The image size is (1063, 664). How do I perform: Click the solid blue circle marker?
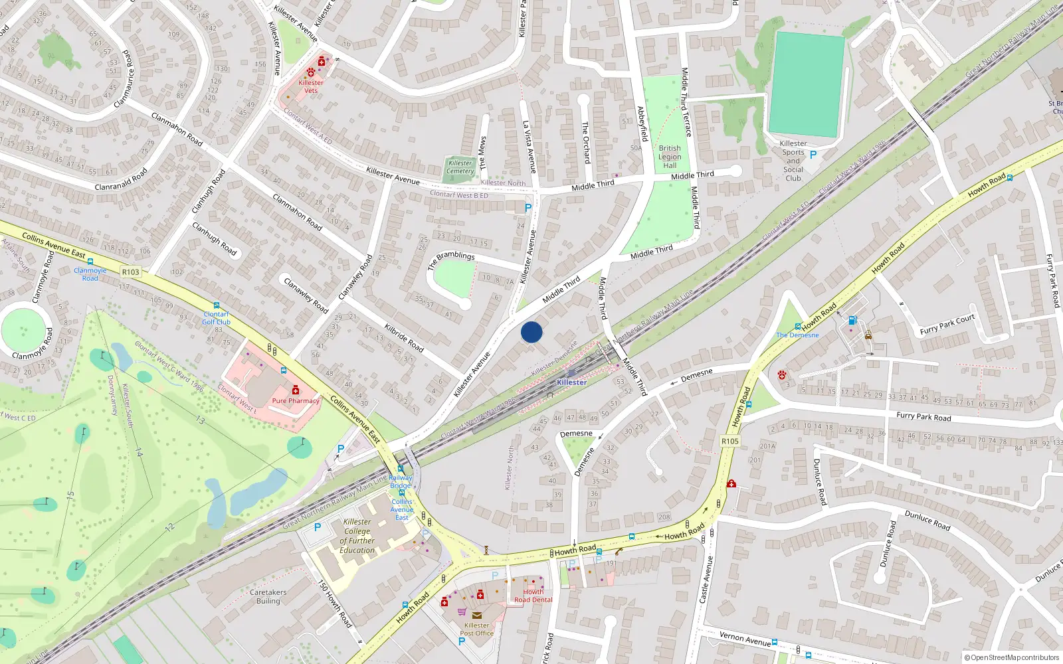[x=531, y=332]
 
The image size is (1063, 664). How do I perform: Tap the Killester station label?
[x=571, y=382]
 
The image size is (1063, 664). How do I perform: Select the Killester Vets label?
[x=311, y=86]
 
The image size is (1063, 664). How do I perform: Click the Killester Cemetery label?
[x=460, y=167]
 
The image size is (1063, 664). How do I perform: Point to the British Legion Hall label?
[x=670, y=157]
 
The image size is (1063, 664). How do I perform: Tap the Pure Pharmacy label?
[x=296, y=401]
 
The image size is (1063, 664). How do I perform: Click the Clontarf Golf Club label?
[x=216, y=318]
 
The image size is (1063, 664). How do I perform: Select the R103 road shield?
[x=131, y=272]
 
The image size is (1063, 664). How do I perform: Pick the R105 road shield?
[x=729, y=441]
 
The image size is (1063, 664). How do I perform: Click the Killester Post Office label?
[x=476, y=629]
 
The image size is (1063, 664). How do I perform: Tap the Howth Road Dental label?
[x=533, y=596]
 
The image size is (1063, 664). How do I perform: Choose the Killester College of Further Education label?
[x=357, y=536]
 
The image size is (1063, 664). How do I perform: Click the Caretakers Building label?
[x=268, y=596]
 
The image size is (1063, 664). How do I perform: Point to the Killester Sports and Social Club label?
[x=793, y=161]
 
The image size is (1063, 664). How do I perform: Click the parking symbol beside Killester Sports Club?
[x=813, y=155]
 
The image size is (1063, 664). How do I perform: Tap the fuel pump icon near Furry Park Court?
[x=852, y=321]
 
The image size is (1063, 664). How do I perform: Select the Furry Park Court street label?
[x=947, y=324]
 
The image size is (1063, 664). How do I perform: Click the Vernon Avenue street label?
[x=745, y=638]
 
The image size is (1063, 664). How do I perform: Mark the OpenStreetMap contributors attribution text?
[x=1011, y=657]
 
